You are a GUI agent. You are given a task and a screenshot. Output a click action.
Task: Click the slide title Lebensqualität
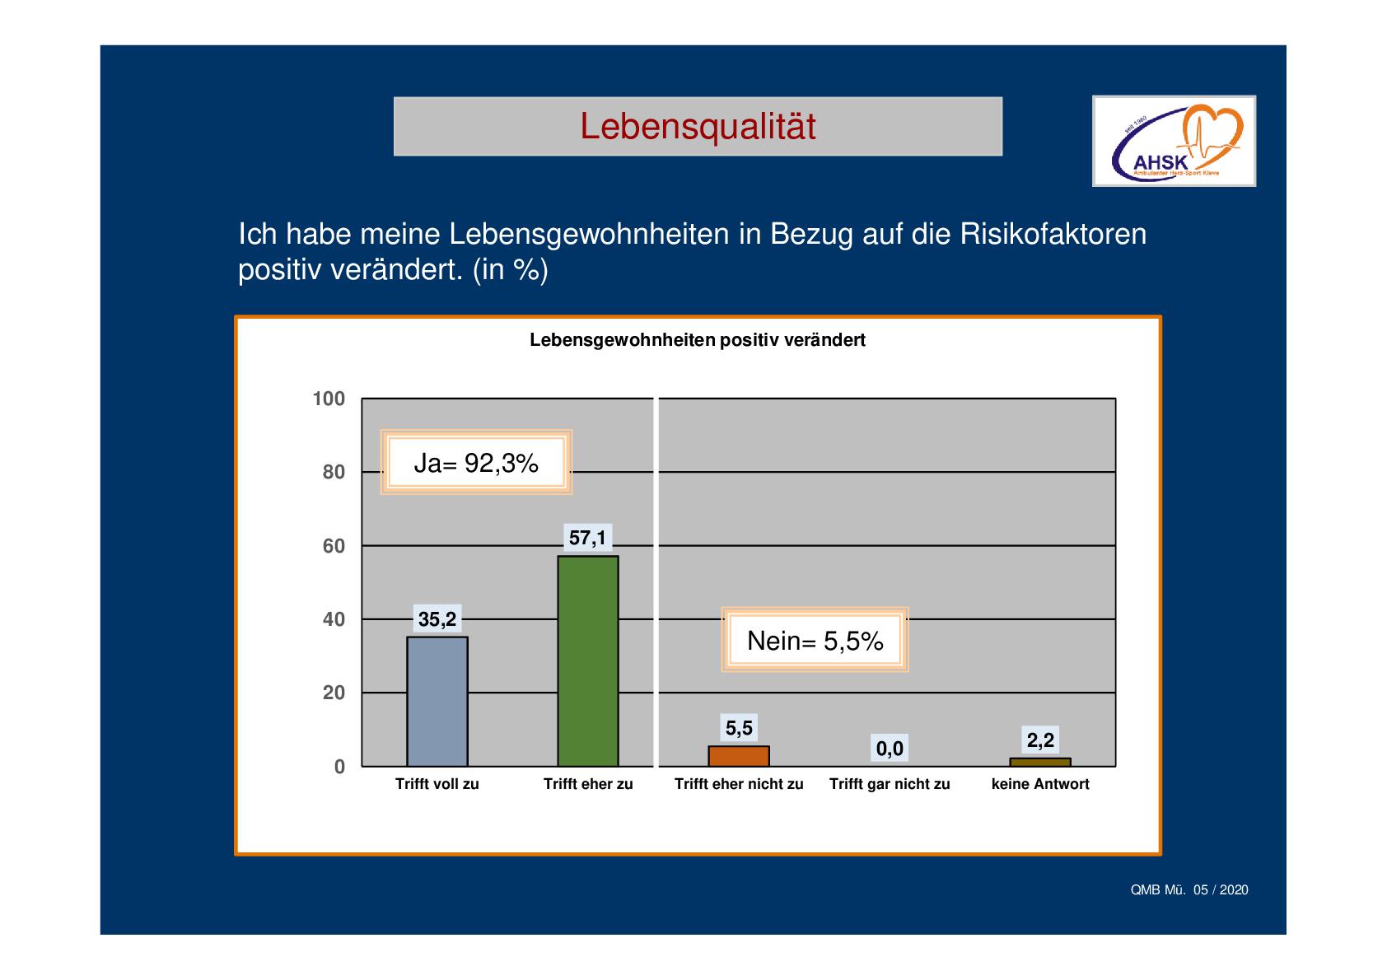tap(698, 127)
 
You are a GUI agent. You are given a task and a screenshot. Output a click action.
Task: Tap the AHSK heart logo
tap(1174, 141)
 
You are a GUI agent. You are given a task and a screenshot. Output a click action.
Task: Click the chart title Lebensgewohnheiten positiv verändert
tap(697, 340)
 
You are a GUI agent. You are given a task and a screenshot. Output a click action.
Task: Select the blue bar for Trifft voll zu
tap(437, 702)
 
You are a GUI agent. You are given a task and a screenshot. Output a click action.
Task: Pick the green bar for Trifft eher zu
tap(588, 660)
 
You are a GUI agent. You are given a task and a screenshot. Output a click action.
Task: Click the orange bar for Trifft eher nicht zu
tap(739, 756)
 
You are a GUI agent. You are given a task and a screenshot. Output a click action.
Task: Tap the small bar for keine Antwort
tap(1040, 762)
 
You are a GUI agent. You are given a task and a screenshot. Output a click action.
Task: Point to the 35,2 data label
tap(437, 619)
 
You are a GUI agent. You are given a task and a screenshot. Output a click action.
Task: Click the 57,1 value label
tap(588, 538)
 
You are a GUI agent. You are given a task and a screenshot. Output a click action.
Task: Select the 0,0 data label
tap(890, 749)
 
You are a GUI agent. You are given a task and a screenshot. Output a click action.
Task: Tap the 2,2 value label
tap(1040, 740)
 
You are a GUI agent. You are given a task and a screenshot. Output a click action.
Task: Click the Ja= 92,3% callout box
tap(476, 464)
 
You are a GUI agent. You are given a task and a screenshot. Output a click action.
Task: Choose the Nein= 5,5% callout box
tap(815, 641)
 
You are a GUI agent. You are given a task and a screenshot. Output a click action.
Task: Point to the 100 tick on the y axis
tap(329, 399)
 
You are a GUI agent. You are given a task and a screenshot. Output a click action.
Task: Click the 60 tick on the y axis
tap(334, 546)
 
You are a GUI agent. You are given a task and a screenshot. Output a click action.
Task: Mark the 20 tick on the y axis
tap(334, 693)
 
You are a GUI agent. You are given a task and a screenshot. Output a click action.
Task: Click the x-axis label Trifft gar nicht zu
tap(890, 784)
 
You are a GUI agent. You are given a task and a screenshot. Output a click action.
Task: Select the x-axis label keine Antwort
tap(1040, 784)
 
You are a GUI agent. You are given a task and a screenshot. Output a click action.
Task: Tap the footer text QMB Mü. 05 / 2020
tap(1189, 889)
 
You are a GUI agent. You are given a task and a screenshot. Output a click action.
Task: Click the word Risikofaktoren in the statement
tap(1053, 235)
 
